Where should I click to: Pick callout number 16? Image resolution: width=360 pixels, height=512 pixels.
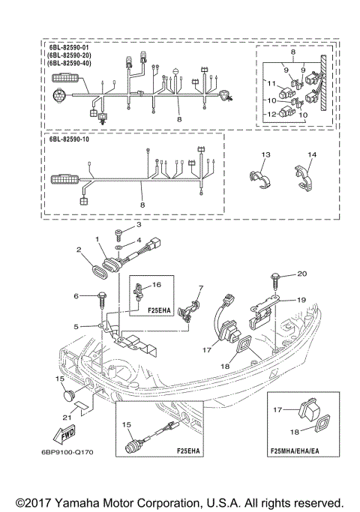tap(157, 285)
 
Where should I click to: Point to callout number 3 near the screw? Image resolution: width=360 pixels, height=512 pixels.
tap(137, 224)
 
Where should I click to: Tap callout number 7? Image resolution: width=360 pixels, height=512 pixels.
tap(200, 288)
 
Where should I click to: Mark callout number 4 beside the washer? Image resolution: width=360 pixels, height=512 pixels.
tap(137, 240)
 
